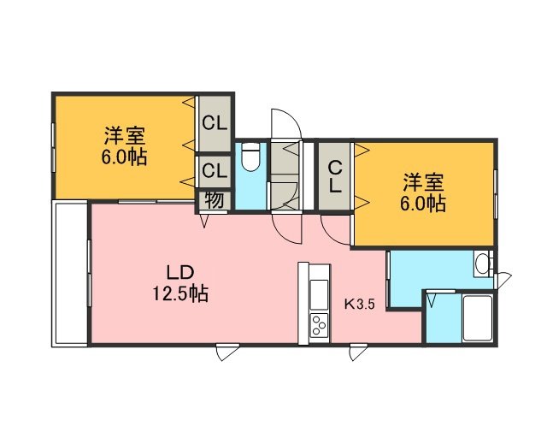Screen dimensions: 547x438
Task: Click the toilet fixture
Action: coord(250,157)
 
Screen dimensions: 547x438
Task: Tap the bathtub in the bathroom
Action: coord(477,318)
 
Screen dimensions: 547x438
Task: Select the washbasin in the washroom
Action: coord(482,264)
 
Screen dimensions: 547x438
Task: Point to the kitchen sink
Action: coord(319,294)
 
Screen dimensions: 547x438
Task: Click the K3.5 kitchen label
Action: coord(360,305)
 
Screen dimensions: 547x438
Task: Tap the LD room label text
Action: coord(179,273)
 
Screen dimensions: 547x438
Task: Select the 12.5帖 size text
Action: coord(180,293)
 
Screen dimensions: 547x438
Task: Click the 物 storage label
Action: coord(215,200)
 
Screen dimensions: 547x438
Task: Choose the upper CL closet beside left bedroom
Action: coord(215,123)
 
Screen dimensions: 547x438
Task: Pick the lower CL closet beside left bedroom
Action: coord(215,171)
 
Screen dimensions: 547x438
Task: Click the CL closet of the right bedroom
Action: coord(335,176)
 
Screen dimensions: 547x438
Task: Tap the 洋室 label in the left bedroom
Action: coord(125,136)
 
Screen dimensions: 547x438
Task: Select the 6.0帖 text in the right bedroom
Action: coord(423,204)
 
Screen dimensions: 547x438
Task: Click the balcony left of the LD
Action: coord(69,273)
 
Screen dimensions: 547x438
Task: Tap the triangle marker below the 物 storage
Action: coord(204,220)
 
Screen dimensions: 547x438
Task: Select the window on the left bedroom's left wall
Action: coord(53,146)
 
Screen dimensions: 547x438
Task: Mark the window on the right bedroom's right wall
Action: coord(496,194)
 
